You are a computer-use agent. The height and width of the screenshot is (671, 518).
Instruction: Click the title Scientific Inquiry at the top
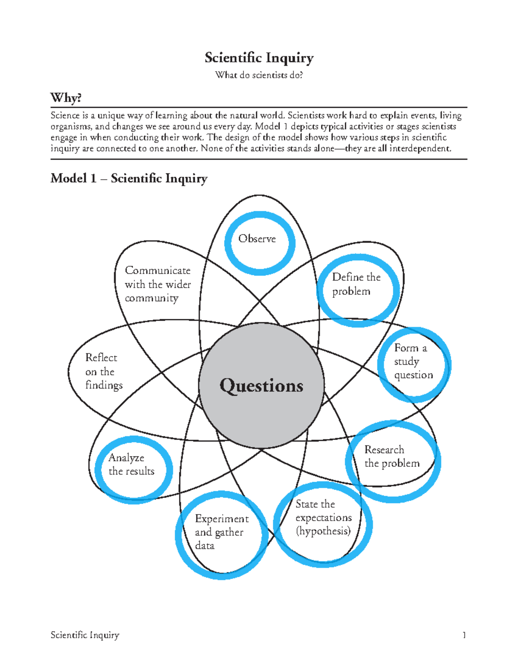point(259,58)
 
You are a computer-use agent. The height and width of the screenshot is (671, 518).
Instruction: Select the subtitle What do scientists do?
point(259,75)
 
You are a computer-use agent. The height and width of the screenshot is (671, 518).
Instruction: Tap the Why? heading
point(66,98)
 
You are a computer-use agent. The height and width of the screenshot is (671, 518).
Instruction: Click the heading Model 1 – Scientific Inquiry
point(129,178)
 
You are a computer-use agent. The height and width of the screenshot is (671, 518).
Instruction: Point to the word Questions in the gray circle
point(261,385)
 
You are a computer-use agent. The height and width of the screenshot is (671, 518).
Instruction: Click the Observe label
point(257,239)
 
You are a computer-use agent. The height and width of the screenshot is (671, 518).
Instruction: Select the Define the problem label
point(356,284)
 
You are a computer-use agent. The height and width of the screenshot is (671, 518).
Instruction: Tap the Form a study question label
point(413,361)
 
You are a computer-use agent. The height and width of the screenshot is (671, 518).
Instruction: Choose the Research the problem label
point(392,456)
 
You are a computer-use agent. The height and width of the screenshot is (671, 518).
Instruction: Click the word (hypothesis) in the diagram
point(323,531)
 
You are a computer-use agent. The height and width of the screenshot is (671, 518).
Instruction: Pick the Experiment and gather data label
point(221,532)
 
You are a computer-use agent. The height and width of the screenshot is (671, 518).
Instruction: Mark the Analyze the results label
point(131,464)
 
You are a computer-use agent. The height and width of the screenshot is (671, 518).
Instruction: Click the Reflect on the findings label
point(104,371)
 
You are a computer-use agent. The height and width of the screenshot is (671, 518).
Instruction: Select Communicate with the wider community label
point(158,284)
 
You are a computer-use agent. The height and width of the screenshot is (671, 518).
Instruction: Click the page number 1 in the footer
point(464,635)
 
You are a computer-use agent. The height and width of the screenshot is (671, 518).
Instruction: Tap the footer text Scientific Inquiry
point(85,635)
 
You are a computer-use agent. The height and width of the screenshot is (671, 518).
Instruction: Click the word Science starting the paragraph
point(65,116)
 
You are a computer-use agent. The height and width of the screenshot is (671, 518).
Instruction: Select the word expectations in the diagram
point(323,518)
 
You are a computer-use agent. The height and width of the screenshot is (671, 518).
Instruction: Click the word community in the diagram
point(152,298)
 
